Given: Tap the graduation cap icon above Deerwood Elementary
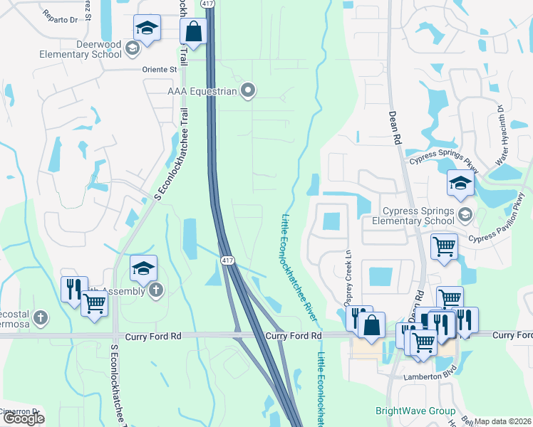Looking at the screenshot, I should (x=147, y=28).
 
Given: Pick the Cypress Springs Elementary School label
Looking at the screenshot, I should (x=418, y=216).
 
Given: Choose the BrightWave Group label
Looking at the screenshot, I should (x=415, y=411).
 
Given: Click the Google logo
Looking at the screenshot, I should (x=24, y=418).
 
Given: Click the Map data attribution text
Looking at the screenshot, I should (x=502, y=421).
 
